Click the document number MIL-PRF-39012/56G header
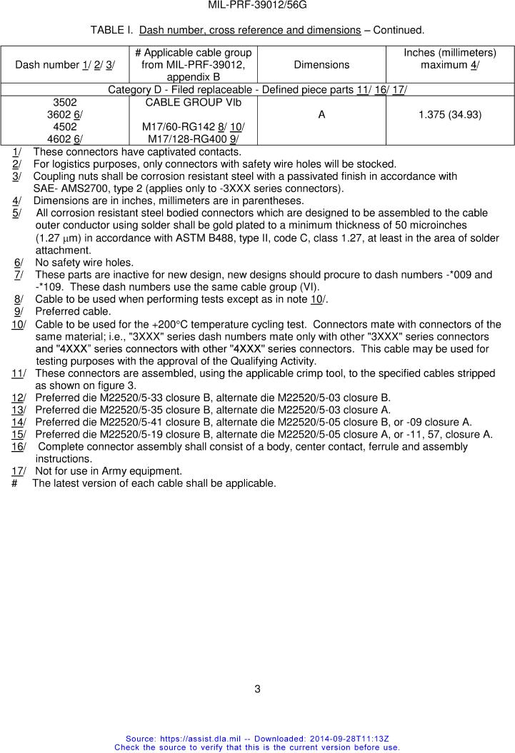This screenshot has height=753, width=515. (257, 5)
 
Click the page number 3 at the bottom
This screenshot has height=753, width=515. (257, 689)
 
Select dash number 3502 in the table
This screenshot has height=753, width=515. (65, 102)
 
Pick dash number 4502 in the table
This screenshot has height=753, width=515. (65, 126)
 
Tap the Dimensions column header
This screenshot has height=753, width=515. (321, 64)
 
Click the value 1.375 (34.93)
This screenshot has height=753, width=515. (450, 114)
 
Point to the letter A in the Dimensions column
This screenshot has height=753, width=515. (321, 114)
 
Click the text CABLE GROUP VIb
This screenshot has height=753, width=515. (193, 102)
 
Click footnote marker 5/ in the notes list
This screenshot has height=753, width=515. (16, 213)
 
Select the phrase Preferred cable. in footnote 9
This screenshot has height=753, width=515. (73, 311)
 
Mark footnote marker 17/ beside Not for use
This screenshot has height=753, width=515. (19, 470)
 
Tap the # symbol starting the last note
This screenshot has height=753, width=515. (15, 483)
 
